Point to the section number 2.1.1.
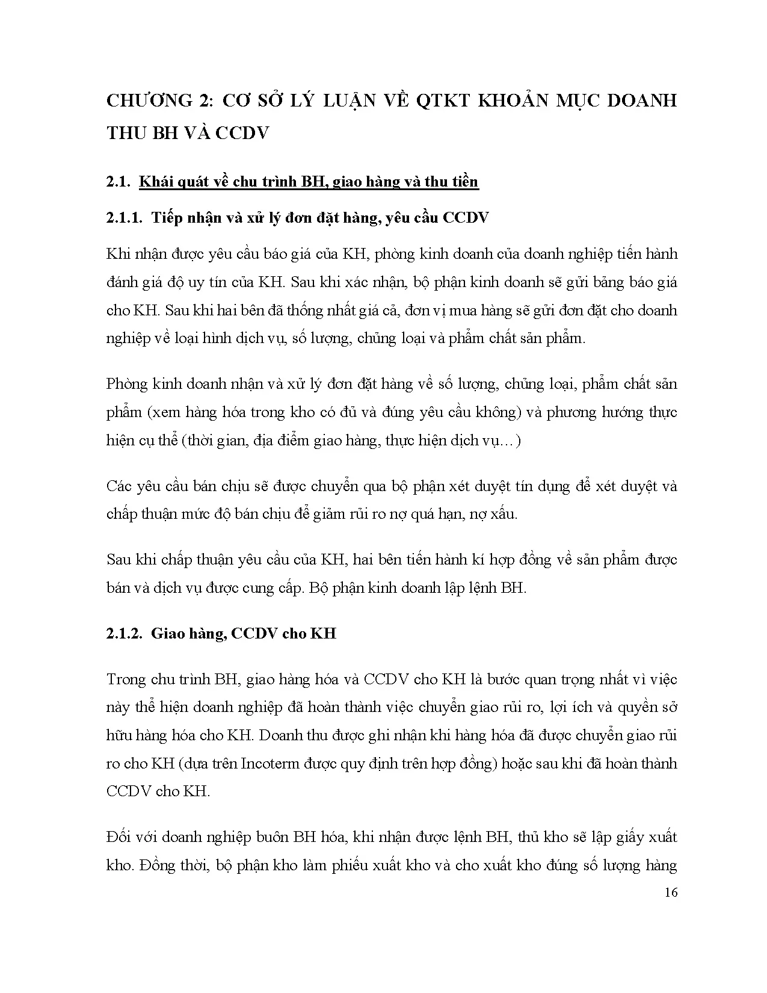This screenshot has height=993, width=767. tap(124, 217)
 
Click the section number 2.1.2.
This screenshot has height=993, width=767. tap(124, 633)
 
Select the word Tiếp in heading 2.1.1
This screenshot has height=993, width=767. tap(166, 217)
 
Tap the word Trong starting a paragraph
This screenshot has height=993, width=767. tap(126, 679)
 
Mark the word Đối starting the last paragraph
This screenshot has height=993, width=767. tap(119, 837)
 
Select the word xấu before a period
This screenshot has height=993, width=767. tap(501, 515)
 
